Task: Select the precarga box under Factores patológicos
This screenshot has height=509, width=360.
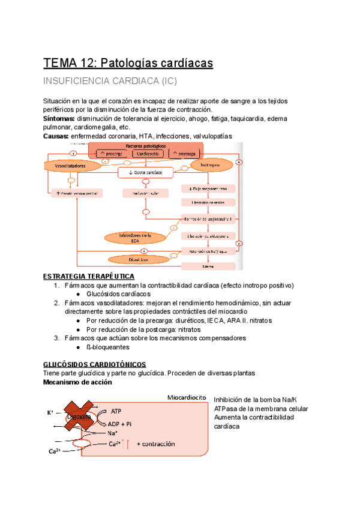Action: pos(107,154)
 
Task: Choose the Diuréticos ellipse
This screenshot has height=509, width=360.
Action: pos(139,259)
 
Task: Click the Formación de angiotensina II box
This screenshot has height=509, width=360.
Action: pos(208,219)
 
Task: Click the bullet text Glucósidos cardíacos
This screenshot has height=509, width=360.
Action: pos(118,294)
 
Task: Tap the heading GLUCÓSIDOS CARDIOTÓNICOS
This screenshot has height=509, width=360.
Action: pos(95,364)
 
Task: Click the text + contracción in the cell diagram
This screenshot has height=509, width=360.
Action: pos(155,444)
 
